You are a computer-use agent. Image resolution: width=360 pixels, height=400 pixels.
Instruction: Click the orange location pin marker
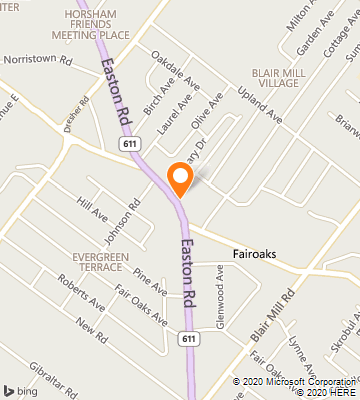[180, 177]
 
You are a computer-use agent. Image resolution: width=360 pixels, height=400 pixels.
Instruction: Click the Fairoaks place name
[254, 254]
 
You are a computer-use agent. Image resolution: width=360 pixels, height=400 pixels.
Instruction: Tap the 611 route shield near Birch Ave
[131, 144]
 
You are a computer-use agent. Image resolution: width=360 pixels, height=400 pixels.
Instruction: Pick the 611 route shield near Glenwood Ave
[188, 340]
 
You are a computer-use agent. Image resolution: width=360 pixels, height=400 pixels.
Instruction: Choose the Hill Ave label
[91, 214]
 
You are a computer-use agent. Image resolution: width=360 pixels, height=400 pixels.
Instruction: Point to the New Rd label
[90, 329]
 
